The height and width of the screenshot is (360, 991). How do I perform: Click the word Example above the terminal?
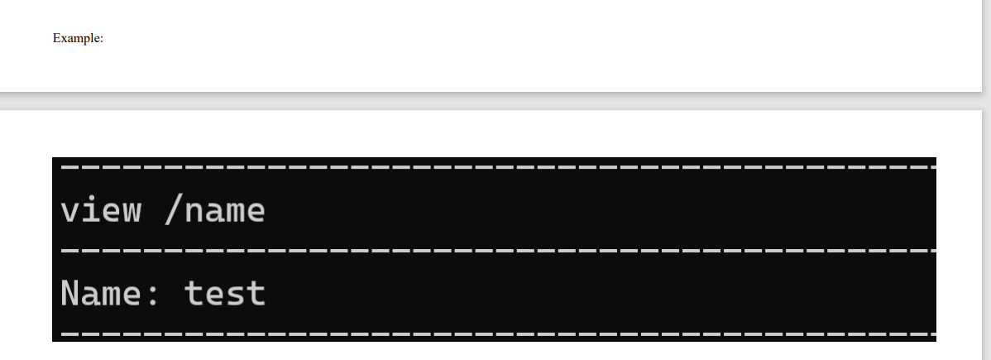pyautogui.click(x=77, y=38)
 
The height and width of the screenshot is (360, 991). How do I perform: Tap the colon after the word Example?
pyautogui.click(x=101, y=39)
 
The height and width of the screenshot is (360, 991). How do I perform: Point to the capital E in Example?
pyautogui.click(x=56, y=38)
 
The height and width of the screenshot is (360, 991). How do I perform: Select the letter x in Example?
pyautogui.click(x=63, y=39)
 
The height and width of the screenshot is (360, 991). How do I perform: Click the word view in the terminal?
pyautogui.click(x=100, y=210)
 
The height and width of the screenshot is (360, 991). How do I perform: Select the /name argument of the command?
pyautogui.click(x=215, y=210)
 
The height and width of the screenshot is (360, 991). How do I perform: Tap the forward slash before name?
pyautogui.click(x=174, y=210)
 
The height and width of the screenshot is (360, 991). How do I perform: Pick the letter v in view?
pyautogui.click(x=69, y=212)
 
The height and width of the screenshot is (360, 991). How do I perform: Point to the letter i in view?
pyautogui.click(x=90, y=209)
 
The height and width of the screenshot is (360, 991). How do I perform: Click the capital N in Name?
pyautogui.click(x=70, y=293)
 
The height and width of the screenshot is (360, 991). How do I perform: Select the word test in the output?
pyautogui.click(x=225, y=294)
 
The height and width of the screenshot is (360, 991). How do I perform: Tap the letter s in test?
pyautogui.click(x=235, y=295)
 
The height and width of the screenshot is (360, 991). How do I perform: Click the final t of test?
pyautogui.click(x=256, y=294)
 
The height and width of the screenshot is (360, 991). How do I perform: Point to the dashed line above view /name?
pyautogui.click(x=496, y=167)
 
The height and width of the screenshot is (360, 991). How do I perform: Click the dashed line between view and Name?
pyautogui.click(x=496, y=250)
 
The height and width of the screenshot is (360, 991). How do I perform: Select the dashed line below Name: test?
pyautogui.click(x=496, y=334)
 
